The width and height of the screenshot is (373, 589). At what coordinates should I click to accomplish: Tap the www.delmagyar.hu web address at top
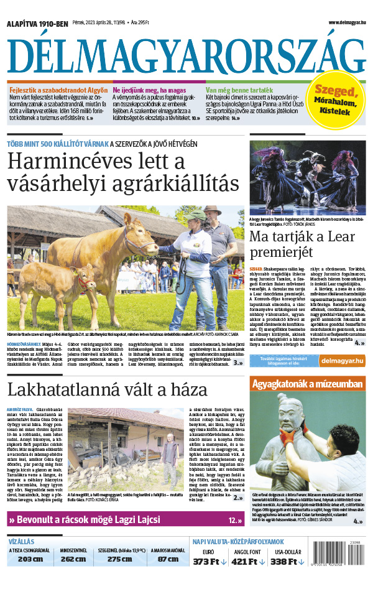point(346,22)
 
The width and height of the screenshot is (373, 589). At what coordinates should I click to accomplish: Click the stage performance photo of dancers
point(307,177)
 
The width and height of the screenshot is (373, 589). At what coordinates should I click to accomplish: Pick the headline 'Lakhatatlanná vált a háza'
point(107,390)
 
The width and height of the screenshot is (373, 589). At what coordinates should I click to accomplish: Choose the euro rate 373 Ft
point(206,562)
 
